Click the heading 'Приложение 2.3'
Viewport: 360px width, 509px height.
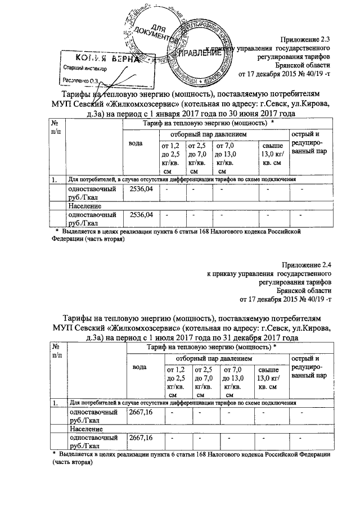(307, 39)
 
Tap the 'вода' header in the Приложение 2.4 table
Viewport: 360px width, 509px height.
(139, 367)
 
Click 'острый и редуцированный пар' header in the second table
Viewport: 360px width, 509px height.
(307, 367)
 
